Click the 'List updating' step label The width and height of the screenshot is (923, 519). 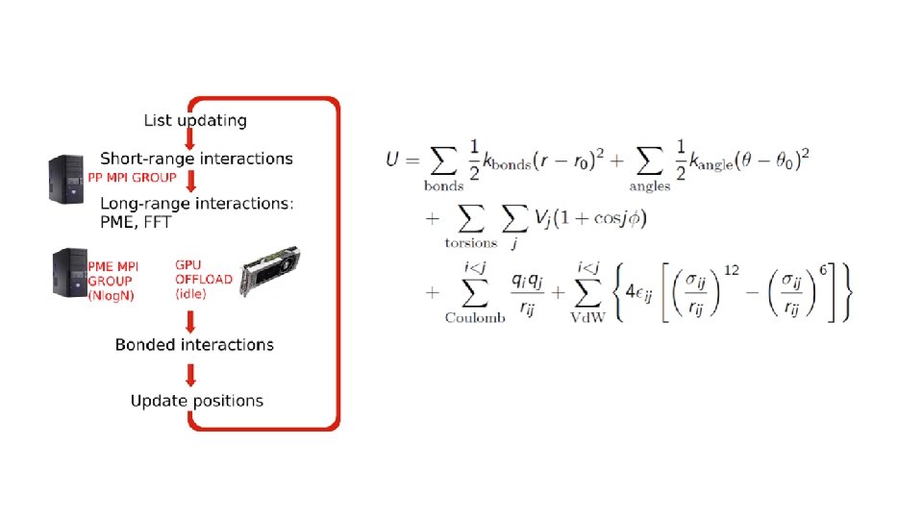coord(195,121)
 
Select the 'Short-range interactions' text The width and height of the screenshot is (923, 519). coord(196,159)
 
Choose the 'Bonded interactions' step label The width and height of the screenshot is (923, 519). coord(194,344)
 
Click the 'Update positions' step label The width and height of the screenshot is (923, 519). coord(197,401)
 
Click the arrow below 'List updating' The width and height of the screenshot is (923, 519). coord(190,140)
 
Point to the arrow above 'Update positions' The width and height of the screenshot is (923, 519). coord(190,376)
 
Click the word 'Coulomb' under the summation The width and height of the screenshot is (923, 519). coord(475,318)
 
